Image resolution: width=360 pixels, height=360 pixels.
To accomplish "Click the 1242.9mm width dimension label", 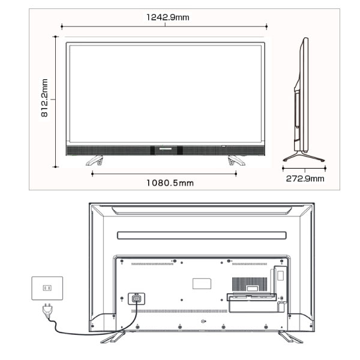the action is (x=168, y=17).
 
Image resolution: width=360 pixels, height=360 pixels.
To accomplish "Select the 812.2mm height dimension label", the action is (x=44, y=98).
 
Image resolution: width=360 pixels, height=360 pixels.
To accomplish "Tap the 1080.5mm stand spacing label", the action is (x=170, y=183).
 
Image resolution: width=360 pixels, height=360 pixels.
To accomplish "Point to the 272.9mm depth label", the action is (x=305, y=178).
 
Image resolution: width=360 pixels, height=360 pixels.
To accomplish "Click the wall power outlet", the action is (x=47, y=288).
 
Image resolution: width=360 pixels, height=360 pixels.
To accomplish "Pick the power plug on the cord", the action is (x=47, y=311).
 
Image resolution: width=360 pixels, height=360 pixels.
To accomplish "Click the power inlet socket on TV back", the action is (x=136, y=299).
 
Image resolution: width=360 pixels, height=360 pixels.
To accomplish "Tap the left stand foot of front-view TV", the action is (x=95, y=160).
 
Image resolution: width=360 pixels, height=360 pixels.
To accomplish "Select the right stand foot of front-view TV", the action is (x=236, y=160).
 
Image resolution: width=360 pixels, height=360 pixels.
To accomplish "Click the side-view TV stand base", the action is (x=304, y=157).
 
